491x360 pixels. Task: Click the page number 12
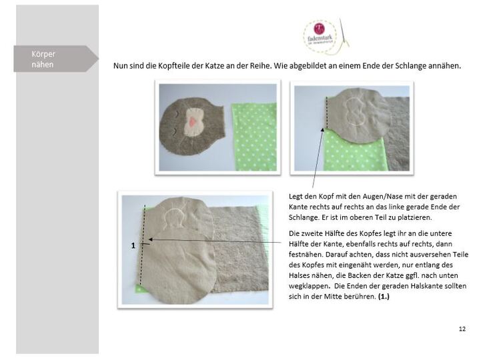pos(462,329)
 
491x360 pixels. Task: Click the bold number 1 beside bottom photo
pos(133,245)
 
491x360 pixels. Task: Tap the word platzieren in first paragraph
pos(426,217)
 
